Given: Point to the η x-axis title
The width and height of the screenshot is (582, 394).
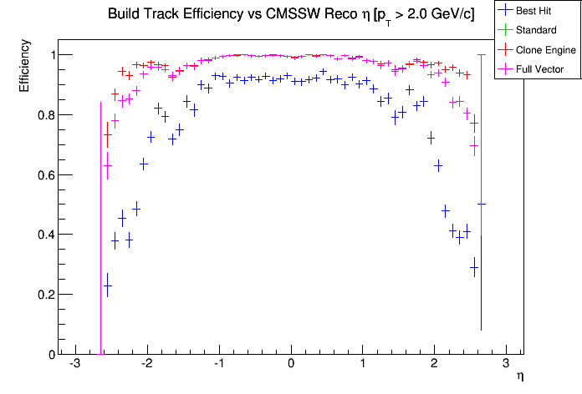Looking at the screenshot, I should tap(520, 377).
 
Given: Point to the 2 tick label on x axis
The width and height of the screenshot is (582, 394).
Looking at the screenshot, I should tap(434, 364).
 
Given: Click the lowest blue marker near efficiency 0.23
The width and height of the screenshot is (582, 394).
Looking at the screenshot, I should tap(107, 285).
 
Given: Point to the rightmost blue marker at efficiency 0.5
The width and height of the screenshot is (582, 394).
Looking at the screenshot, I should tap(481, 204).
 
